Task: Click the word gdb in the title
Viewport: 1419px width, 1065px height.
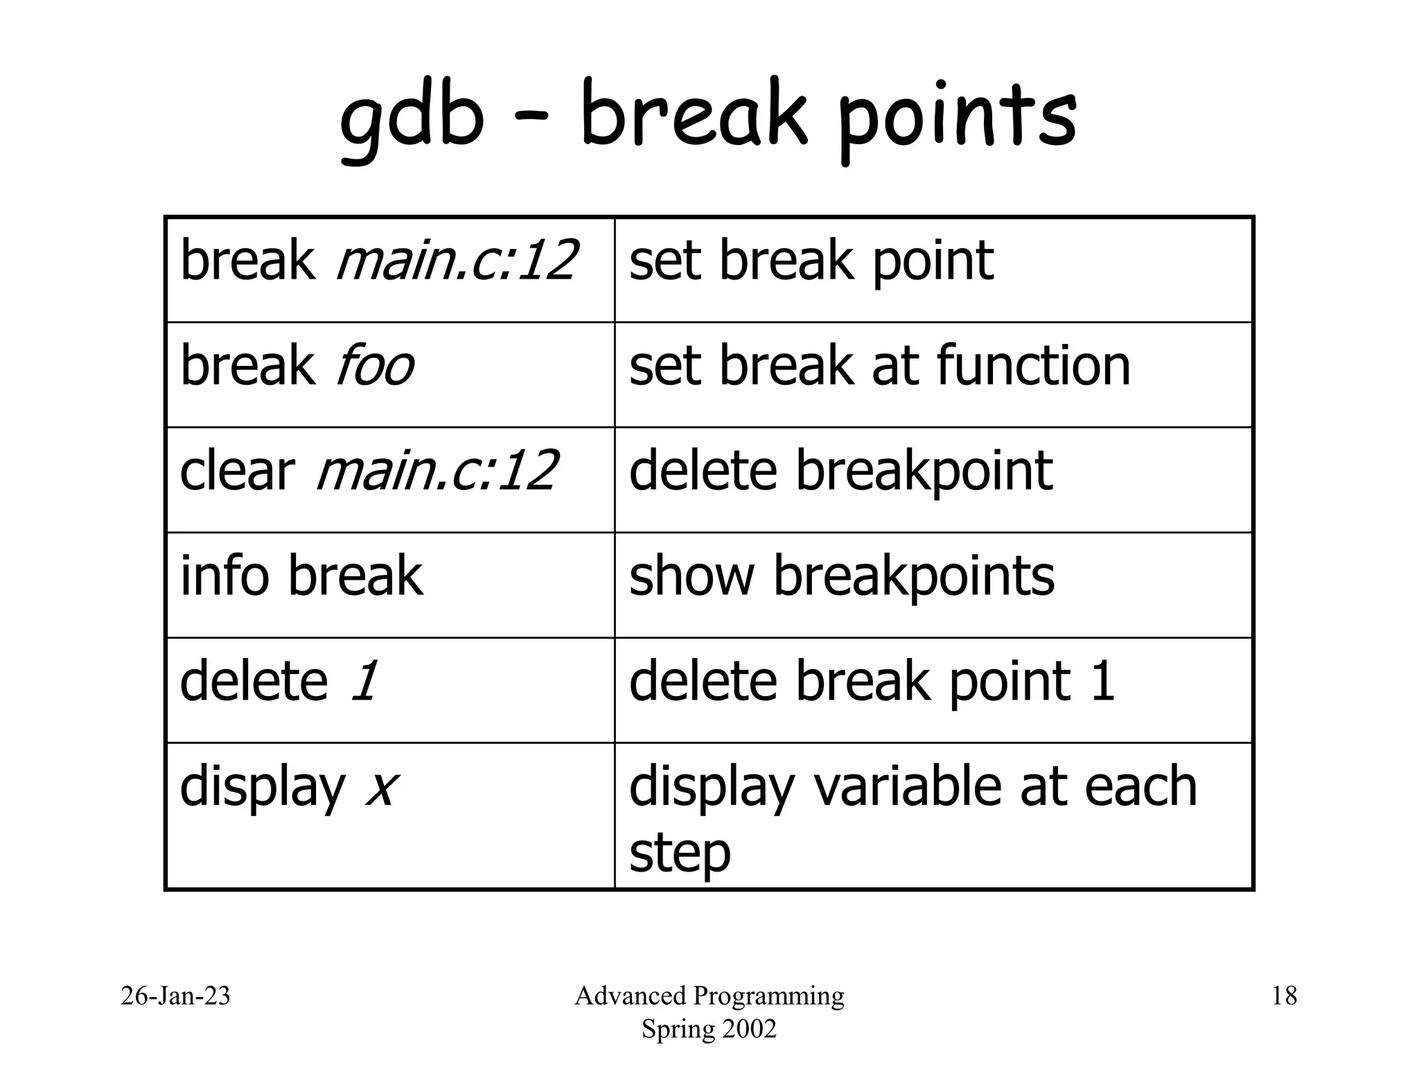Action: tap(412, 118)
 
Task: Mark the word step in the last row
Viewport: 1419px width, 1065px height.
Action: tap(680, 854)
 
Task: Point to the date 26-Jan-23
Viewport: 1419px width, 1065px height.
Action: tap(175, 996)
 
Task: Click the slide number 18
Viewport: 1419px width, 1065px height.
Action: tap(1284, 996)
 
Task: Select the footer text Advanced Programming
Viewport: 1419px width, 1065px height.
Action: tap(709, 996)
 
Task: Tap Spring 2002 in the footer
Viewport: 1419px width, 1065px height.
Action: tap(709, 1029)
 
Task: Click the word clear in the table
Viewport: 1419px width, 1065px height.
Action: tap(236, 471)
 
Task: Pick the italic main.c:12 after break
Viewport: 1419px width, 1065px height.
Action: tap(456, 261)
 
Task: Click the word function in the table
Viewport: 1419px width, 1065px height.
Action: tap(1033, 366)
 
